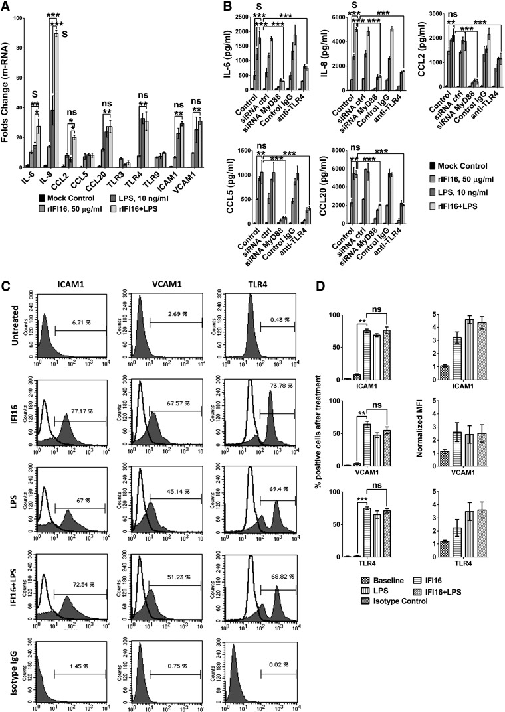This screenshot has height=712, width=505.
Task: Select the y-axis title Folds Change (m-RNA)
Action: pos(10,102)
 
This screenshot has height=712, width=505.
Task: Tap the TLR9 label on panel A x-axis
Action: pos(155,178)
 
